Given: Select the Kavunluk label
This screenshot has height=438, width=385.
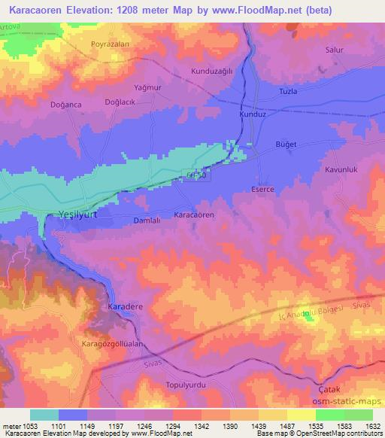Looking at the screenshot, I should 338,170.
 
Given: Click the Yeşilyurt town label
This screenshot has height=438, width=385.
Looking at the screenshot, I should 78,215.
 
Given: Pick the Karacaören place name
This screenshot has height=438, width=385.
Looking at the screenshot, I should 195,214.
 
